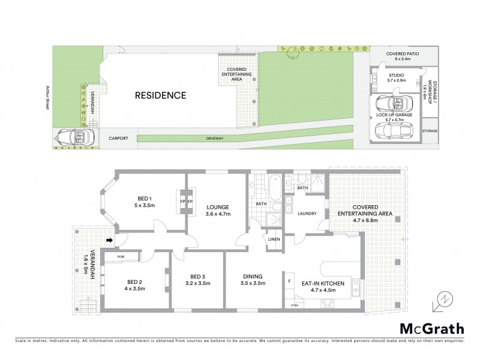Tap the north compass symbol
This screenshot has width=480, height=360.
[x=442, y=298]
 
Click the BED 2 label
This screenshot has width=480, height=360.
[x=136, y=281]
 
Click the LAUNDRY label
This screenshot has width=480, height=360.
[x=307, y=212]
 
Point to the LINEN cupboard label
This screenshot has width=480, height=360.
[x=274, y=240]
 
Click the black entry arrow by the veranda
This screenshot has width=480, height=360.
[x=109, y=241]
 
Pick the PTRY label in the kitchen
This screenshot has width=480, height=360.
[x=294, y=306]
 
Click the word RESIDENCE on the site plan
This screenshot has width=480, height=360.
[x=160, y=95]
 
